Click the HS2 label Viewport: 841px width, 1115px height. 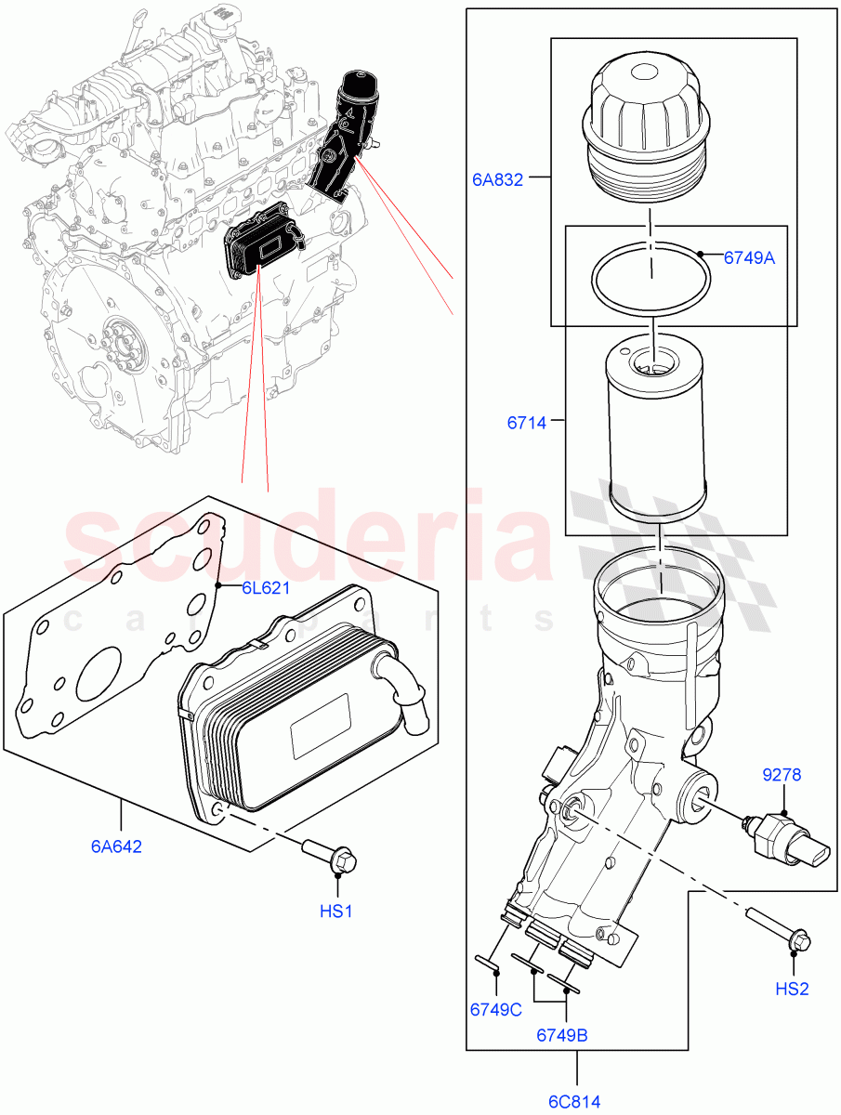click(792, 990)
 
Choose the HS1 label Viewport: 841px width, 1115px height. click(335, 912)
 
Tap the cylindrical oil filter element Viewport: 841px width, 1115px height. click(655, 431)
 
